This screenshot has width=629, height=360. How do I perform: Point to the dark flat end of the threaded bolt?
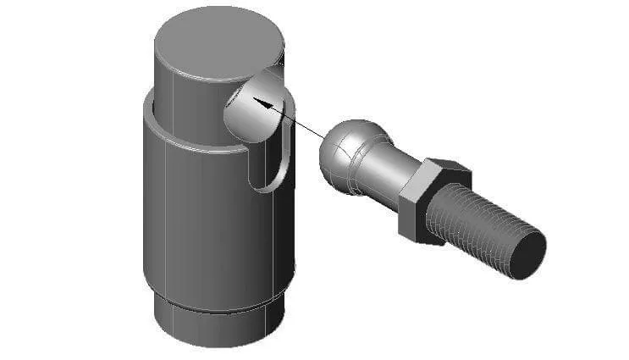(x=526, y=252)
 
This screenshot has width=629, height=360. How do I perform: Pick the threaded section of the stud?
(x=478, y=224)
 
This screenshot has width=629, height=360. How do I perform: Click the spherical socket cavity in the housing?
(x=254, y=106)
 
